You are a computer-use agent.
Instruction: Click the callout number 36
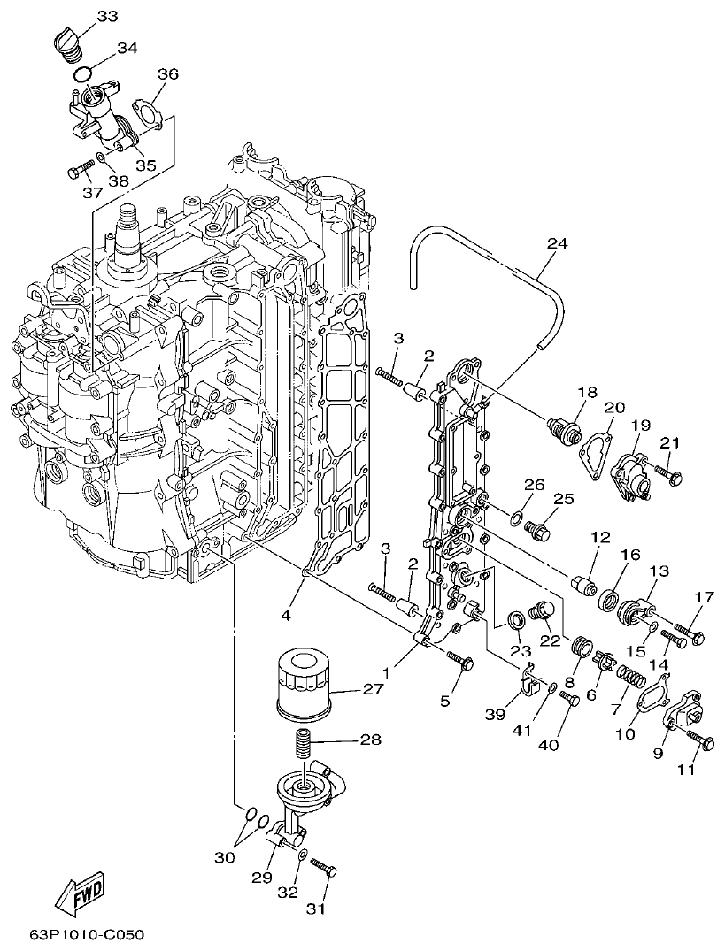(168, 73)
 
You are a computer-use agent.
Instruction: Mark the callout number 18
(588, 392)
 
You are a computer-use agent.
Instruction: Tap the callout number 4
(286, 613)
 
